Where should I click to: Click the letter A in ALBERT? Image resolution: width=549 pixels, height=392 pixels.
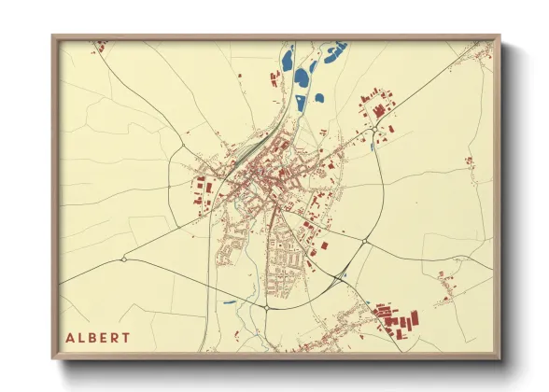click(69, 337)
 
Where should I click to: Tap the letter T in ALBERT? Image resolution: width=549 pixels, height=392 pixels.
click(126, 337)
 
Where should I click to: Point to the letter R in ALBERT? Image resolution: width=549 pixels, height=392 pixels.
click(115, 337)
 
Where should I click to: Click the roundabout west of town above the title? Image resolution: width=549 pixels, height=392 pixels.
click(123, 259)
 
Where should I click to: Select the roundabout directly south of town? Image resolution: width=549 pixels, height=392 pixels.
click(267, 307)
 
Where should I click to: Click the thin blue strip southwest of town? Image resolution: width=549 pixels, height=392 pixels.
click(230, 301)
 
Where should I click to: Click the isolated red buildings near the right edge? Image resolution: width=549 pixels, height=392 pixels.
click(469, 161)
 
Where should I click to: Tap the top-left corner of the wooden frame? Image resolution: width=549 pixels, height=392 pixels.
click(53, 37)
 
